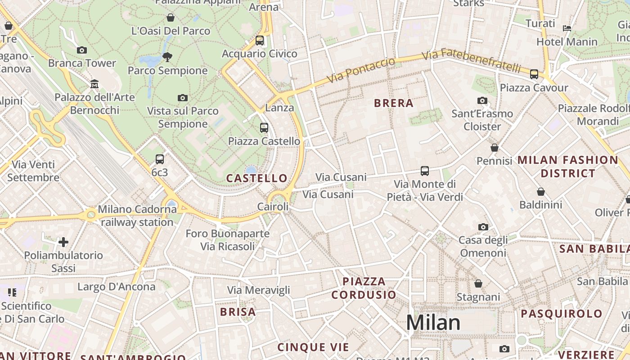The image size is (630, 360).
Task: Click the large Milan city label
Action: tap(433, 323)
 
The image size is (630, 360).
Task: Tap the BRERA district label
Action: tap(394, 103)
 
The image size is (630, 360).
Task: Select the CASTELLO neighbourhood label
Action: tap(256, 178)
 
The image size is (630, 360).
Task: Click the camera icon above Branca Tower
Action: tap(82, 50)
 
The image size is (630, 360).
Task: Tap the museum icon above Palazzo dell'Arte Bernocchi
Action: tap(94, 84)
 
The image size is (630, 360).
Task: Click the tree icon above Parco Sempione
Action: tap(167, 57)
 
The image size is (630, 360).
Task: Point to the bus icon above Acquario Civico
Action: tap(260, 40)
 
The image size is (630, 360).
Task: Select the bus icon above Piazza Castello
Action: tap(264, 128)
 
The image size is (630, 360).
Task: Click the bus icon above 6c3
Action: tap(160, 159)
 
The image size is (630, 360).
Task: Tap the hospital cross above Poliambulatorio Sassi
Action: tap(63, 242)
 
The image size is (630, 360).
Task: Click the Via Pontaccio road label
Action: tap(360, 70)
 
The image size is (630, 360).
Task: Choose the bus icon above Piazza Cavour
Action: tap(534, 74)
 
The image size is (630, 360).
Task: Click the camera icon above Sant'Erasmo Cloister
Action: tap(482, 100)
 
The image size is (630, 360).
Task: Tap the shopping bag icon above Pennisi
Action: tap(495, 148)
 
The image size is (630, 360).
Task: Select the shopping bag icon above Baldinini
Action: tap(541, 192)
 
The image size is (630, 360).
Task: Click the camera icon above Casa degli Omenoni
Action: tap(483, 227)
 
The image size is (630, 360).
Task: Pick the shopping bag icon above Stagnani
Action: tap(478, 283)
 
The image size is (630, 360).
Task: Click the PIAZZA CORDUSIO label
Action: tap(364, 288)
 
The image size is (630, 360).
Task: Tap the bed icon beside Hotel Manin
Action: tap(567, 28)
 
